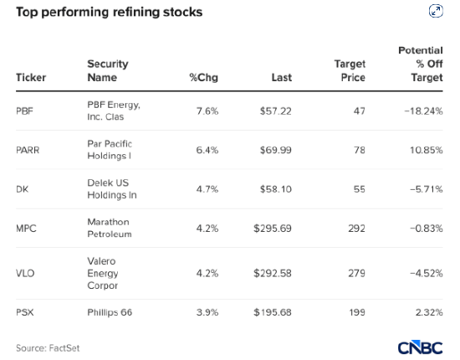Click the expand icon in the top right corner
pos(436,11)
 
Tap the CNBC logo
pos(421,347)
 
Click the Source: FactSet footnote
pos(48,348)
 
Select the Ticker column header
pos(31,78)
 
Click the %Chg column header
pos(203,78)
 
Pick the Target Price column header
pos(350,70)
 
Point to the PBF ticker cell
pos(24,111)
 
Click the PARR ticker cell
pos(28,150)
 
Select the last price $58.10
pos(276,189)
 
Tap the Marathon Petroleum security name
pos(109,228)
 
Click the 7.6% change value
pos(207,111)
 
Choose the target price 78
pos(360,150)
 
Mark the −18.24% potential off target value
pos(423,111)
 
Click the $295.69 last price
pos(273,229)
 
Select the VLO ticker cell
pos(25,274)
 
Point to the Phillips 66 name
pos(110,312)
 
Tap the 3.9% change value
pos(207,312)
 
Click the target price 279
pos(357,274)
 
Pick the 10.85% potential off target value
pos(427,150)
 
